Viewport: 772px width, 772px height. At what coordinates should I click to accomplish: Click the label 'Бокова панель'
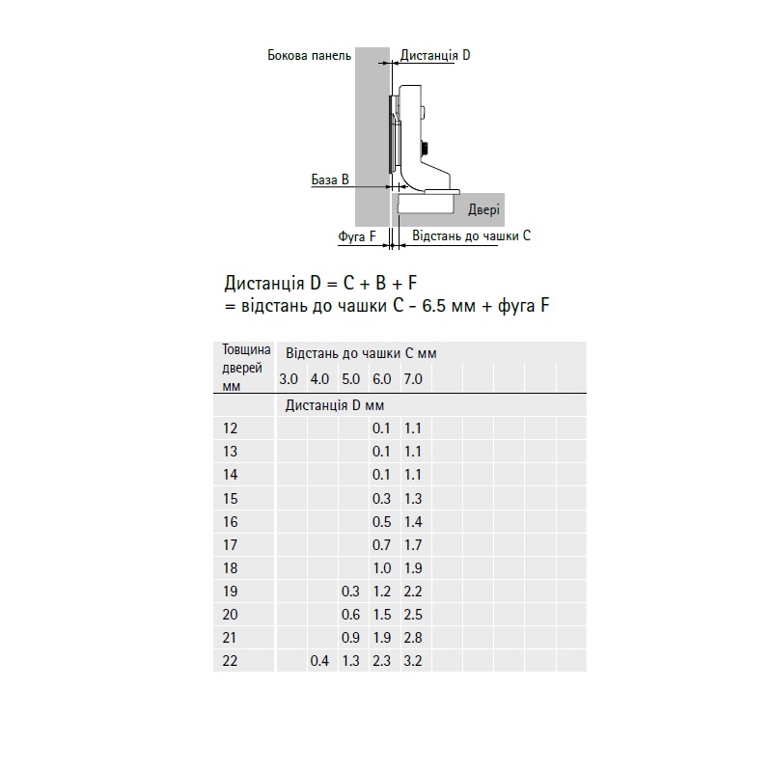coord(309,55)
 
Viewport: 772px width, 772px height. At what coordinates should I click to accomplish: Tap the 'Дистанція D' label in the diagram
coord(435,55)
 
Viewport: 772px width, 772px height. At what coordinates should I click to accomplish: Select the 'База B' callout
coord(330,179)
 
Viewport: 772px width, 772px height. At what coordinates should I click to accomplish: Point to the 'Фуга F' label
coord(356,236)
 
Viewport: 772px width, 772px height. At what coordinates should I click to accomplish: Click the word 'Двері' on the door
coord(483,210)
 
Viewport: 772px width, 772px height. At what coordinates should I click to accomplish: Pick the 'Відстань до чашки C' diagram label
coord(471,235)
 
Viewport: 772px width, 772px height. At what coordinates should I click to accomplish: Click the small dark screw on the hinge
coord(424,148)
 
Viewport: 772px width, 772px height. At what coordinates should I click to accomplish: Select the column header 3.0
coord(289,379)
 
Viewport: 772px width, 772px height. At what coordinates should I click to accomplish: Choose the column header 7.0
coord(413,379)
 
